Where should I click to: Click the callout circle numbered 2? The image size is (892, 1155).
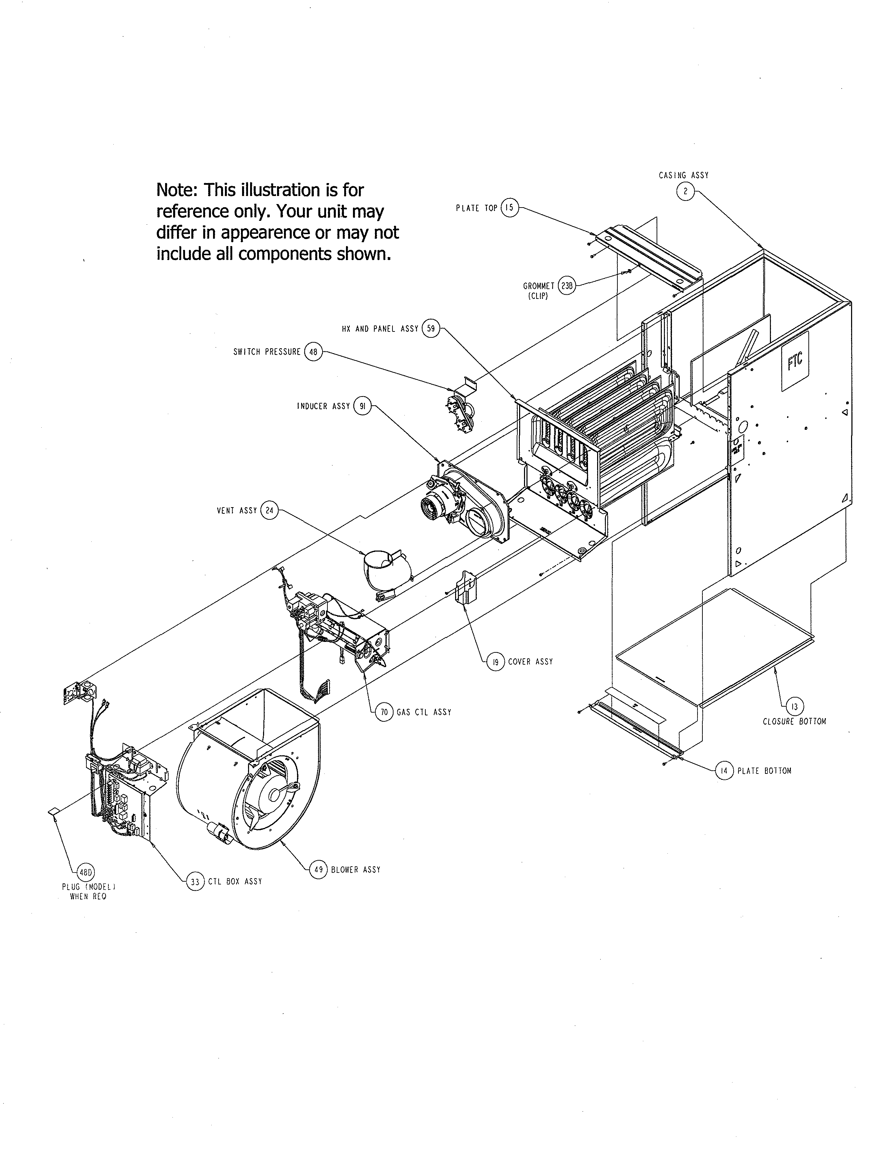click(x=685, y=191)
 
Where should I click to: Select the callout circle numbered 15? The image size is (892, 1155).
click(x=509, y=208)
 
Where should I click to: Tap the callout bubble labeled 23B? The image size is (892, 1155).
click(x=566, y=286)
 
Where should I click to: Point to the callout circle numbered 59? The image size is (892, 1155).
click(x=431, y=328)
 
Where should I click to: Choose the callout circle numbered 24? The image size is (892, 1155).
click(x=269, y=510)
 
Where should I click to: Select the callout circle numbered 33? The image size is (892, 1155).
click(x=195, y=882)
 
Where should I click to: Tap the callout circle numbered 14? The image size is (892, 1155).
click(x=724, y=771)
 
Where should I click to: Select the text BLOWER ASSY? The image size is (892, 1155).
click(x=356, y=869)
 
